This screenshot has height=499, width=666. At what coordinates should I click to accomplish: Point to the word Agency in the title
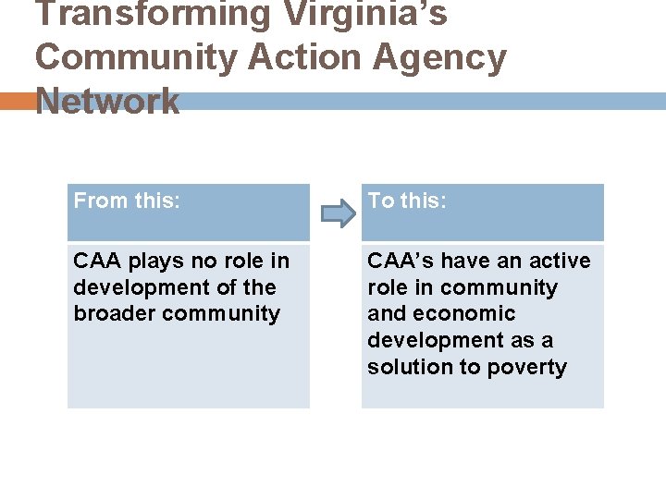click(440, 57)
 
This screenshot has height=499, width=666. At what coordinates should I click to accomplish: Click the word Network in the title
click(107, 100)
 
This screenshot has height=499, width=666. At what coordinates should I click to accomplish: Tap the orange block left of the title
click(16, 101)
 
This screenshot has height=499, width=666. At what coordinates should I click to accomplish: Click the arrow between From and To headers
click(337, 214)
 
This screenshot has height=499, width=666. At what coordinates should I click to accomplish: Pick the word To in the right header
click(380, 201)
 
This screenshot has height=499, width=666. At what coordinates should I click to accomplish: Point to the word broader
click(115, 313)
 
